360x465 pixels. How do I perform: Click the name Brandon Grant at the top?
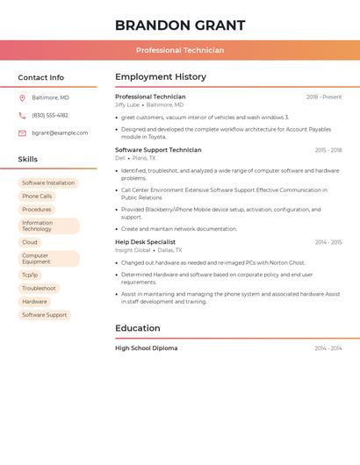pos(180,25)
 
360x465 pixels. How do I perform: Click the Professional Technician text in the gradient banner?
pos(180,50)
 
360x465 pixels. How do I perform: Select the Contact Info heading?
pos(41,77)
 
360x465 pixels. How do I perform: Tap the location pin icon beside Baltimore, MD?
pos(22,97)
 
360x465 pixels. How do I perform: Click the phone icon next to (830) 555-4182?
pos(22,115)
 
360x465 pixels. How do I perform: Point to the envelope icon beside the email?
pos(22,132)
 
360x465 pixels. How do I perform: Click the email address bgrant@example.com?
pos(60,132)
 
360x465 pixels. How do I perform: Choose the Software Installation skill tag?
pos(48,183)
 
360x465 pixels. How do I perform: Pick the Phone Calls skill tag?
pos(37,197)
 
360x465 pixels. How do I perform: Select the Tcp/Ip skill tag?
pos(30,275)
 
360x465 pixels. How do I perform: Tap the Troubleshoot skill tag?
pos(39,288)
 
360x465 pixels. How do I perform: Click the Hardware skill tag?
pos(34,301)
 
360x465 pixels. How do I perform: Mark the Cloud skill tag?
pos(30,242)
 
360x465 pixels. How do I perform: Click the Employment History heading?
pos(161,76)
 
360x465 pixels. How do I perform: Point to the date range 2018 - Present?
pos(324,97)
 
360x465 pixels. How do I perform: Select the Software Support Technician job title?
pos(158,150)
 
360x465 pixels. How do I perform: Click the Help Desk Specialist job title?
pos(145,242)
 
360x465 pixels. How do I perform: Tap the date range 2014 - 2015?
pos(328,242)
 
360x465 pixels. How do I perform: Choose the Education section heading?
pos(138,328)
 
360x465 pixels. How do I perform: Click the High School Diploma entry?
pos(146,348)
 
